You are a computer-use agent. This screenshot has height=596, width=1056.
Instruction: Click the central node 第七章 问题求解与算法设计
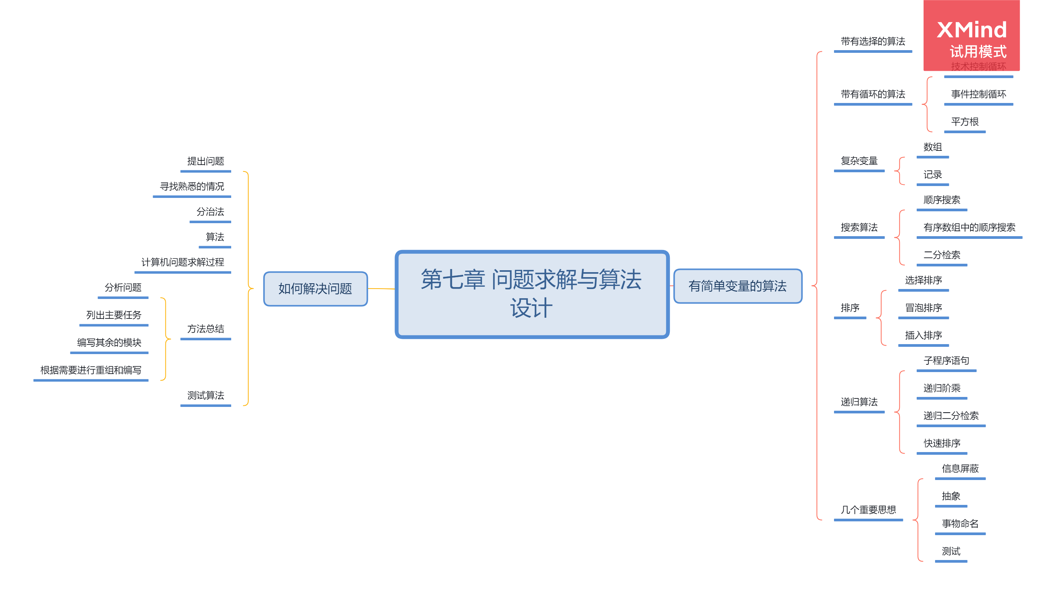(532, 294)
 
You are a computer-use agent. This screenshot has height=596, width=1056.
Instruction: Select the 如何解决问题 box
(315, 289)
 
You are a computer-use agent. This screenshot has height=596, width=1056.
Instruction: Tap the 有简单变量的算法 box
(738, 286)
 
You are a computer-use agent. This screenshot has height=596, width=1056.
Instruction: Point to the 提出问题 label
(206, 161)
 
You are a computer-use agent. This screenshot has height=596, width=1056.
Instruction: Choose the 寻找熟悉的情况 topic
(192, 186)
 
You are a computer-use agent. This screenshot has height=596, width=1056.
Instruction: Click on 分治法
(210, 212)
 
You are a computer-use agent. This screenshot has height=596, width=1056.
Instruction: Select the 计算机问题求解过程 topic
(183, 262)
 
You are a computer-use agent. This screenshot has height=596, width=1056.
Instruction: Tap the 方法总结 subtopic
(206, 329)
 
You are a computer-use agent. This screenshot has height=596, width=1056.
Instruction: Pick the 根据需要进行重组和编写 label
(91, 370)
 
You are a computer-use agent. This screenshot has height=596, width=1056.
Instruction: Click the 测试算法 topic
(206, 395)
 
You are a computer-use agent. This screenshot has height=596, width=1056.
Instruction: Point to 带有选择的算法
(873, 41)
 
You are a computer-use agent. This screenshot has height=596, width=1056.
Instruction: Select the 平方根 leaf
(965, 122)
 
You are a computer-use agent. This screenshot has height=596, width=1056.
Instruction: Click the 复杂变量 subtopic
(859, 161)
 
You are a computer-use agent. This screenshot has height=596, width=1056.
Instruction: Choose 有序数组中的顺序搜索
(969, 227)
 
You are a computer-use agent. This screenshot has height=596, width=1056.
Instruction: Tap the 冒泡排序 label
(923, 308)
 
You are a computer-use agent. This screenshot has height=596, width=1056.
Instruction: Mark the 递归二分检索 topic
(951, 416)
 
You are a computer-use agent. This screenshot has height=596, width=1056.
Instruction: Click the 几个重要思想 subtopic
(868, 510)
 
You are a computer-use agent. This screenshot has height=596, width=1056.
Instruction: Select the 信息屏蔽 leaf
(960, 469)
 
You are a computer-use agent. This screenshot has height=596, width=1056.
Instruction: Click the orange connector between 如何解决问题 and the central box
(381, 289)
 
